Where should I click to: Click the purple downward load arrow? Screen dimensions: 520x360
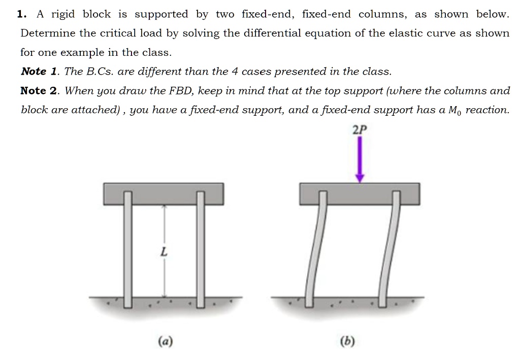pos(360,159)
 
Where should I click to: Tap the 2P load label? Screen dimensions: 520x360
pos(359,130)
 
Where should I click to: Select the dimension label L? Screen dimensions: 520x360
pos(163,251)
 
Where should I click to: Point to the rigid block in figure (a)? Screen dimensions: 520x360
pos(164,193)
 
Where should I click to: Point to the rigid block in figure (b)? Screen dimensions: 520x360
pos(360,193)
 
